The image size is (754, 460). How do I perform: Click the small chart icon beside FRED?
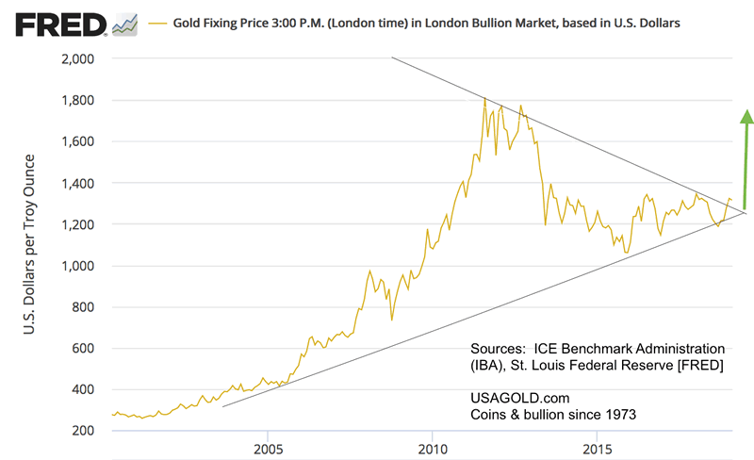(123, 24)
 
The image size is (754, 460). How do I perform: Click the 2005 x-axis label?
(269, 444)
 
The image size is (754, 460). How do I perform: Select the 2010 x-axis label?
(433, 444)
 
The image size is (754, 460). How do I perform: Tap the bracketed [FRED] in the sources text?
(697, 365)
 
